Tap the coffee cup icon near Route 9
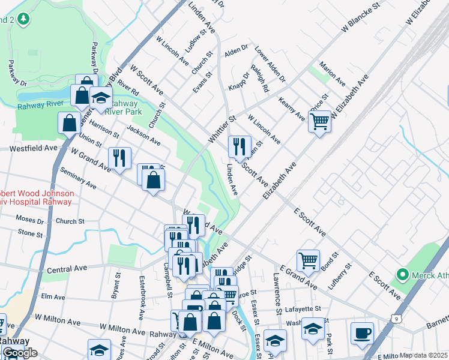coord(362,334)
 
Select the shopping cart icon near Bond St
coord(308,261)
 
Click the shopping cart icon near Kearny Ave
coord(320,121)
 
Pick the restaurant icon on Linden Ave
coord(240,146)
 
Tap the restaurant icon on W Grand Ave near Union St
coord(119,158)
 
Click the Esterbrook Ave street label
coord(142,305)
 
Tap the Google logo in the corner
coord(19,353)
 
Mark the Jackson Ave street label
coord(143,137)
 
